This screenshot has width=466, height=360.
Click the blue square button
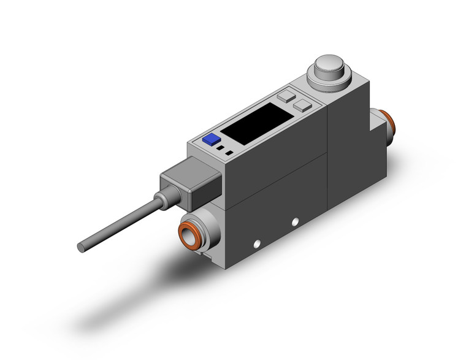click(212, 140)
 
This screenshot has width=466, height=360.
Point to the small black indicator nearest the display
click(229, 152)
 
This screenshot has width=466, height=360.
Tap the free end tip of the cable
click(81, 247)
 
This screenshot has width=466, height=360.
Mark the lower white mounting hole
click(257, 242)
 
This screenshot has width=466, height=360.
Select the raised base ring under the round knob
click(329, 79)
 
